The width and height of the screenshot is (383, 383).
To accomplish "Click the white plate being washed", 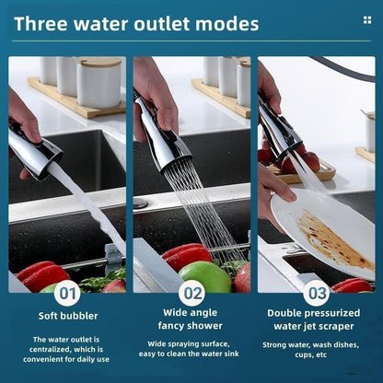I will (x=322, y=230).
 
